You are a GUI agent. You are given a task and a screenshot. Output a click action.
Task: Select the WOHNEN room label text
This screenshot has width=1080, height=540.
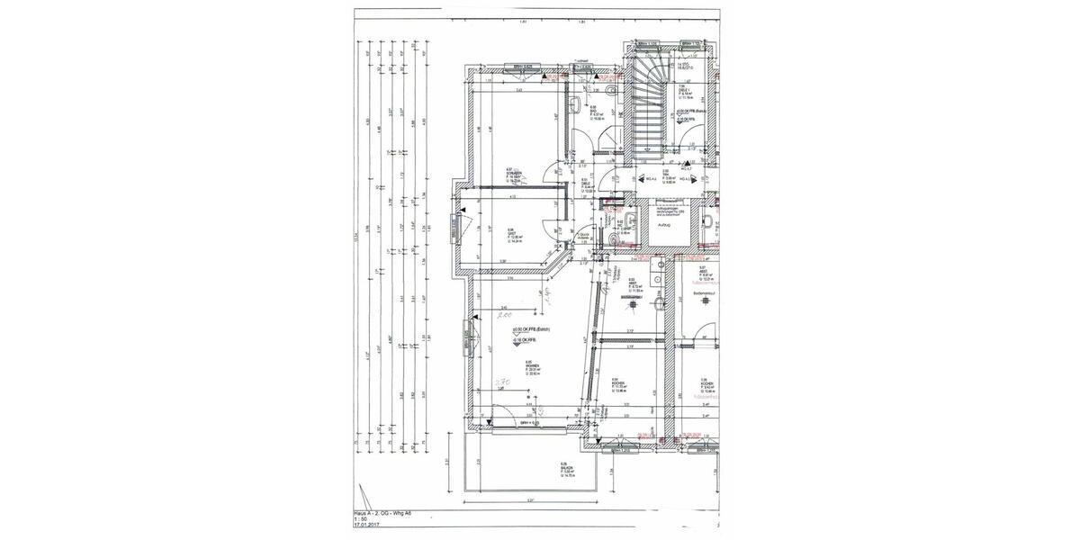533,364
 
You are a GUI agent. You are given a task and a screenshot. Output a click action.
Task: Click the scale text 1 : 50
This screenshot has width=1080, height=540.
361,520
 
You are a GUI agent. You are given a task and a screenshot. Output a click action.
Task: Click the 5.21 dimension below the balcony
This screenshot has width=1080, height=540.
531,500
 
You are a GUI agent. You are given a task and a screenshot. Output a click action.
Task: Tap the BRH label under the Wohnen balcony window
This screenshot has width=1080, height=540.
528,422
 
